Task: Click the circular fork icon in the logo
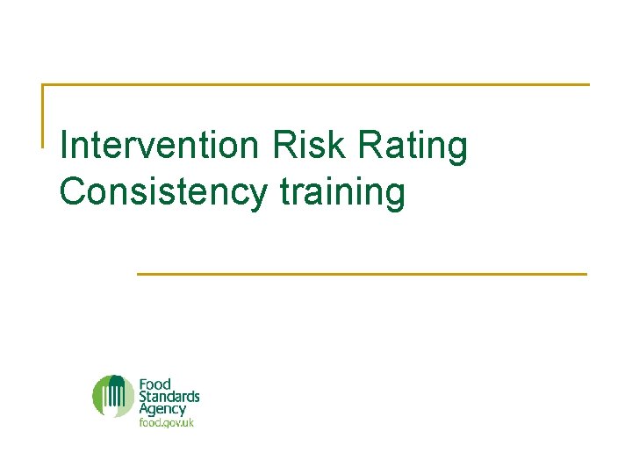[x=113, y=396]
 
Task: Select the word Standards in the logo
[x=169, y=397]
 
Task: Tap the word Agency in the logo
[x=162, y=410]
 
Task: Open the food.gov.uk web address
[x=166, y=422]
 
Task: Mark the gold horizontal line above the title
[x=316, y=85]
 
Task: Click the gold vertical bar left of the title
[x=43, y=115]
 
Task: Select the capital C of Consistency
[x=74, y=192]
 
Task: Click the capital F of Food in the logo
[x=142, y=384]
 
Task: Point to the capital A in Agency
[x=144, y=408]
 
